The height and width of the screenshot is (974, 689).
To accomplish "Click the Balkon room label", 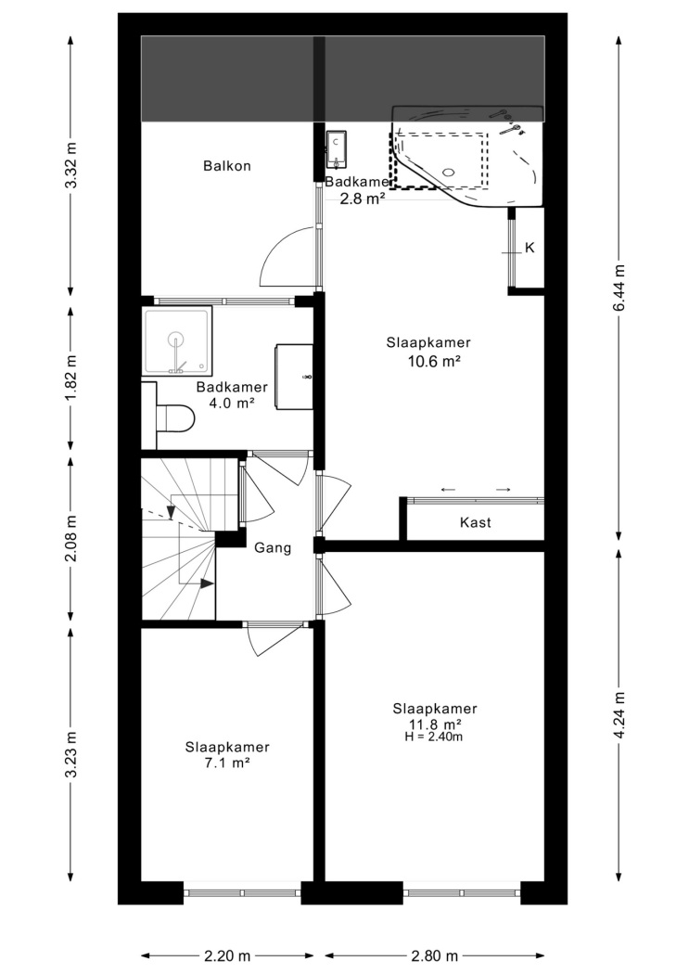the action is [227, 166].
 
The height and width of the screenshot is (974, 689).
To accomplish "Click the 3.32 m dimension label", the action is [72, 166].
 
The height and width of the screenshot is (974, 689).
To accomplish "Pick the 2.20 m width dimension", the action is [227, 956].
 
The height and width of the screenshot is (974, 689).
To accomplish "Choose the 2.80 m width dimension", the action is [435, 956].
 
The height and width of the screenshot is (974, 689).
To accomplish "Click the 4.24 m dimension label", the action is [619, 715].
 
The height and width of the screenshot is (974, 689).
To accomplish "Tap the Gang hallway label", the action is [274, 548].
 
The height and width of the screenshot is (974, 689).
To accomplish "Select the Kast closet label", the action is [476, 522].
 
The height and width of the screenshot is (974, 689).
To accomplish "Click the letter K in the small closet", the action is [530, 248].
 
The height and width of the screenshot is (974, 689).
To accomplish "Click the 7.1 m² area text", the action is [227, 763].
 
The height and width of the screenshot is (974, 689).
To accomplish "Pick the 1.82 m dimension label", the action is [72, 377].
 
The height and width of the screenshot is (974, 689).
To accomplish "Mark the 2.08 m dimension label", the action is [72, 539].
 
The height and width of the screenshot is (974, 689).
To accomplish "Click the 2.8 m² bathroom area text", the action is [362, 199].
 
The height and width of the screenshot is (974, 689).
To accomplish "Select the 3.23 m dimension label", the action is [72, 754].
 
